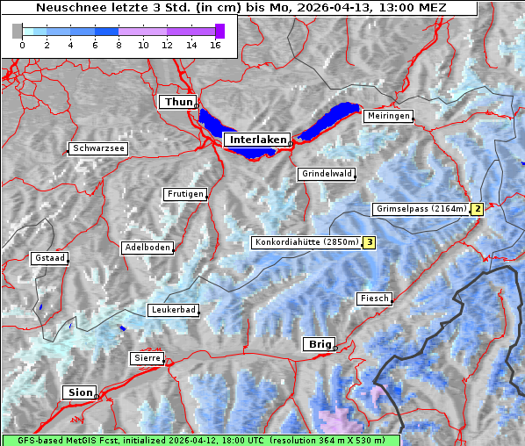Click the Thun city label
coord(178,103)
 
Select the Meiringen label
coord(387,116)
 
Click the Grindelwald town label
coord(327,174)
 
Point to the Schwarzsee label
coord(98,148)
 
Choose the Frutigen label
coord(184,194)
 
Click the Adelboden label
coord(147,248)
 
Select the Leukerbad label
coord(172,310)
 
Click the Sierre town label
coord(147,358)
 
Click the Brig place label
coord(318,344)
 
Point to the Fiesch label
coord(374,299)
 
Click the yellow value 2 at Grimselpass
coord(477,209)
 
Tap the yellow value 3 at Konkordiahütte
coord(370,242)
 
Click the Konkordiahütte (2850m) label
coord(306,242)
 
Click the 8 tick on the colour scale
coord(119,44)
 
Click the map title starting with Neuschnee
coord(240,8)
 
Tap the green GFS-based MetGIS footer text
coord(200,440)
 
